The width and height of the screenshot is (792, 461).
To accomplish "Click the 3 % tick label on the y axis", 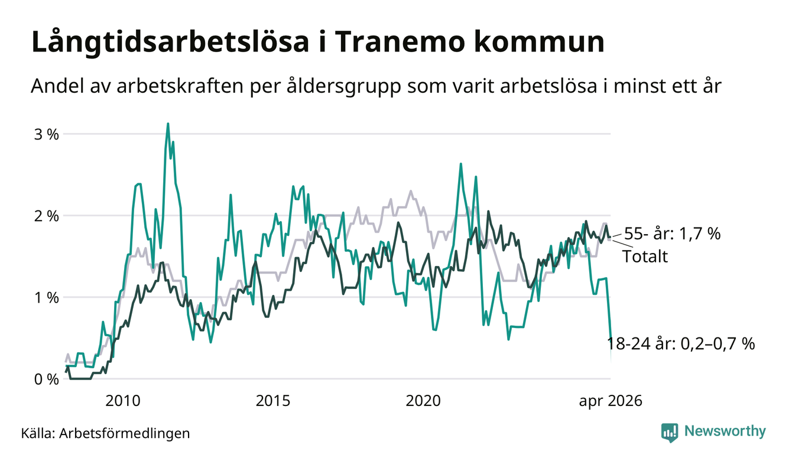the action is (46, 134).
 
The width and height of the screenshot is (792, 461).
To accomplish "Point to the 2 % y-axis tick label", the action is (46, 216).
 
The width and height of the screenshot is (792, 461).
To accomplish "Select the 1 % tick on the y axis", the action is (46, 298).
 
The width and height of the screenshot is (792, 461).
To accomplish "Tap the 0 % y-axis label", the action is (46, 379).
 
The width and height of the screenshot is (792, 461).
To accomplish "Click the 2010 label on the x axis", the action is (123, 401).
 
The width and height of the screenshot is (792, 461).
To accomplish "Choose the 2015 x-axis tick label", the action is (273, 401).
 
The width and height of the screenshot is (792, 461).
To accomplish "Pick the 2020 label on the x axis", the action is (423, 401).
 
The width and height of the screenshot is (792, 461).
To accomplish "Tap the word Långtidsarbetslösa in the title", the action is (170, 43).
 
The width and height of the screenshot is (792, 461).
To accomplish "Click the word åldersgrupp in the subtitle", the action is (344, 86).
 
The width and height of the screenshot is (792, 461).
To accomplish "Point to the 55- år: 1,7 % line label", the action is (672, 233).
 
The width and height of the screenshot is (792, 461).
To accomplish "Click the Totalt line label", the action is (645, 257).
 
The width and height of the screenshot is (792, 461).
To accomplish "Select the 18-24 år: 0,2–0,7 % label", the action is (681, 343).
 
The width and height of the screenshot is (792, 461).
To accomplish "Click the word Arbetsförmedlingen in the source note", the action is (125, 433).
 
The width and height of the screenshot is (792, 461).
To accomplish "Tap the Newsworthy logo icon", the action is (669, 433).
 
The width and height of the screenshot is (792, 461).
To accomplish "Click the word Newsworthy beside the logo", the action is (725, 431).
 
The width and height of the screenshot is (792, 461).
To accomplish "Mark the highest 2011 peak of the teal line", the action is (168, 124).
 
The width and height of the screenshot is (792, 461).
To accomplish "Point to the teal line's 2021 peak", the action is (460, 164).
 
